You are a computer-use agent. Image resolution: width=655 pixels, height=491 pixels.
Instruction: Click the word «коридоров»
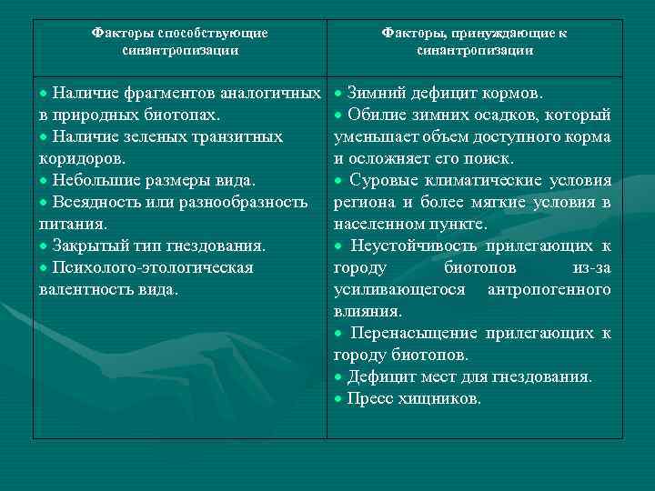80,159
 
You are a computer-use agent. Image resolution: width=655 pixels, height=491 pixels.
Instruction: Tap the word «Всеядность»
94,202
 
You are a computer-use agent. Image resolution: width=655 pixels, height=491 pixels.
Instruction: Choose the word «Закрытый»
89,245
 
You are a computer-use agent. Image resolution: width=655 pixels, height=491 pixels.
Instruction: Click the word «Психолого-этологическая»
140,268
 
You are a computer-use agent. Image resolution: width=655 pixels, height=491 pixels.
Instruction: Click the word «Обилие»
375,115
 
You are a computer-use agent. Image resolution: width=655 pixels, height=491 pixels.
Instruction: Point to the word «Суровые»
383,181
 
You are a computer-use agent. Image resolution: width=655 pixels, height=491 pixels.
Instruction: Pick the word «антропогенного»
549,290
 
